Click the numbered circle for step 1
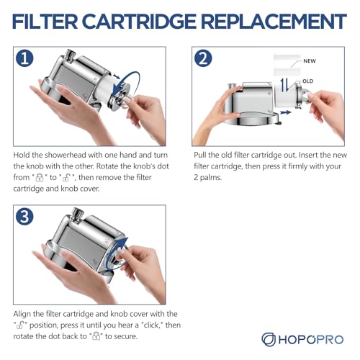[x=24, y=58]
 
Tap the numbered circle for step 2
[x=203, y=58]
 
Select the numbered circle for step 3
[x=24, y=217]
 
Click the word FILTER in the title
[x=45, y=22]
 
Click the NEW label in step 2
[x=310, y=61]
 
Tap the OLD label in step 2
[x=308, y=81]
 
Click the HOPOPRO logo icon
[x=269, y=339]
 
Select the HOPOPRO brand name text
[x=311, y=340]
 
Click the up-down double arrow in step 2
[x=285, y=86]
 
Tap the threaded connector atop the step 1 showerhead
[x=71, y=55]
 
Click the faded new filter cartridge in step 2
[x=287, y=65]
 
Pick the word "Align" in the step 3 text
[x=22, y=314]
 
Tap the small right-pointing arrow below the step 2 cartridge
[x=286, y=112]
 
